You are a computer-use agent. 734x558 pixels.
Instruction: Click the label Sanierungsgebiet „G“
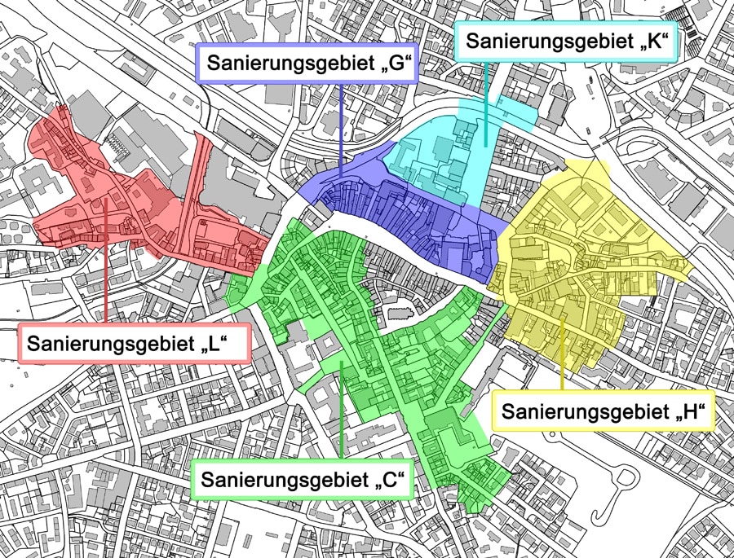tap(307, 64)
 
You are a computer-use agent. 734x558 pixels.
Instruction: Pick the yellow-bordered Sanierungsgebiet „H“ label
tap(603, 411)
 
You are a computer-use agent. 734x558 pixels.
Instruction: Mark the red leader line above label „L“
tap(106, 261)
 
